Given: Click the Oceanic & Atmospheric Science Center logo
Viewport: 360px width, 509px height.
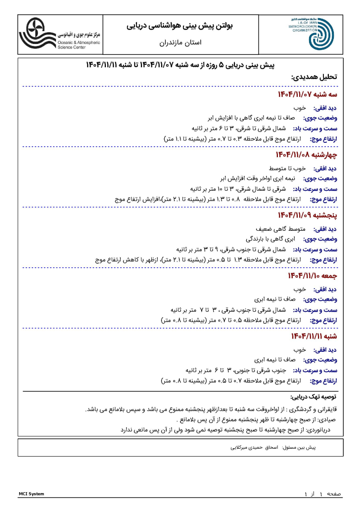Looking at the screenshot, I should [60, 34].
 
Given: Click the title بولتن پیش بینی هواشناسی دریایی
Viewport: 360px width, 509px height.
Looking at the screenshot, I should [180, 25].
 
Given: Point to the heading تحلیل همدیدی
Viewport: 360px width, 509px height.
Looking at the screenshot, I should [314, 78].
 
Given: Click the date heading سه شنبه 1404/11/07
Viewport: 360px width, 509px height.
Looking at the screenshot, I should [307, 94].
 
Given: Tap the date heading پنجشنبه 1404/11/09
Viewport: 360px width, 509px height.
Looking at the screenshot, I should [307, 215].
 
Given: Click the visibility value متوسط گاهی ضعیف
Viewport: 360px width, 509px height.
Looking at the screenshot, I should [278, 229].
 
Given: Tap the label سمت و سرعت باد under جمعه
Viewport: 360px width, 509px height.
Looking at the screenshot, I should [315, 310].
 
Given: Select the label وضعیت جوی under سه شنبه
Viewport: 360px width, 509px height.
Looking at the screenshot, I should [320, 118].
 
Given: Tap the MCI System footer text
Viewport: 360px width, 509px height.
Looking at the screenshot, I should [31, 494].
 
